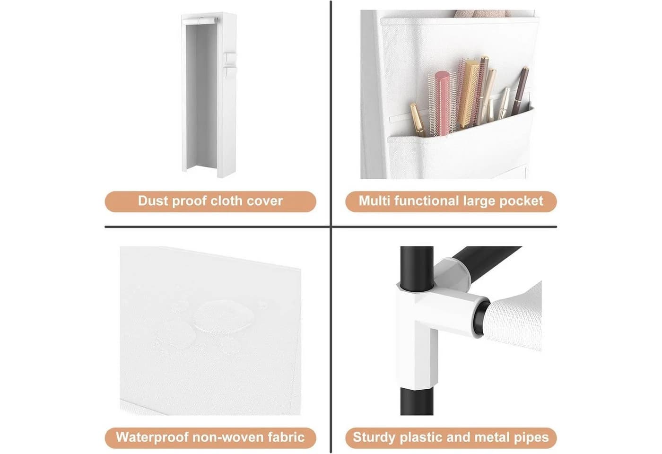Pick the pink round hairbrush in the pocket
coord(443,104)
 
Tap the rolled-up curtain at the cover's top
coord(200,21)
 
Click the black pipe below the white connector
coord(417,402)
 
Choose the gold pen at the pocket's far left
coord(417,119)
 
